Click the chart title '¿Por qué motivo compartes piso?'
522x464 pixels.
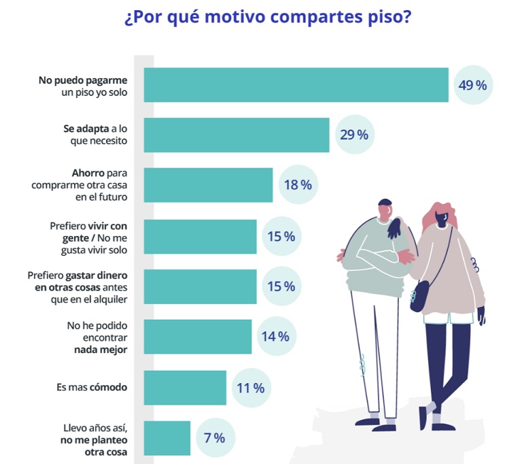click(x=267, y=17)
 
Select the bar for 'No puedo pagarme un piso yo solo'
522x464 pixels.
click(x=296, y=85)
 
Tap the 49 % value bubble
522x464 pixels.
click(x=472, y=85)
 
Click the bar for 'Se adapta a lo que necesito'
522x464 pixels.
click(x=237, y=135)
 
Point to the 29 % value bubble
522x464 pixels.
click(x=353, y=135)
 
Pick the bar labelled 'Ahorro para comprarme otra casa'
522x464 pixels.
click(x=208, y=185)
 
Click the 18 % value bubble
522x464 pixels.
click(x=297, y=185)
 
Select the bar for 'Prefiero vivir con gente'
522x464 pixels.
click(x=200, y=236)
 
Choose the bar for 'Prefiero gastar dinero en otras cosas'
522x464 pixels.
click(x=200, y=286)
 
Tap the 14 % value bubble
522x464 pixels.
click(x=275, y=337)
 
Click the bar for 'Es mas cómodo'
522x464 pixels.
click(x=185, y=388)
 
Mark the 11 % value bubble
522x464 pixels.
click(x=250, y=388)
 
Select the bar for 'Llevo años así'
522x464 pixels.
click(x=167, y=438)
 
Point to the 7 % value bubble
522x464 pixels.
click(x=214, y=438)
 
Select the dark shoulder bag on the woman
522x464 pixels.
click(x=419, y=296)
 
